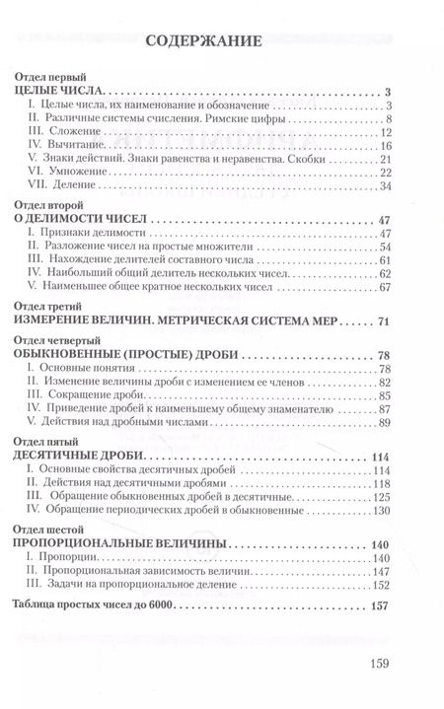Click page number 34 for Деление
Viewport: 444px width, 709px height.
coord(386,186)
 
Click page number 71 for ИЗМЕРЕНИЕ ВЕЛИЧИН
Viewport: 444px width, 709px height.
coord(385,322)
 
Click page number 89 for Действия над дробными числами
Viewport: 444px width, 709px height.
coord(386,424)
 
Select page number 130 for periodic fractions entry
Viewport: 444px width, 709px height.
coord(383,510)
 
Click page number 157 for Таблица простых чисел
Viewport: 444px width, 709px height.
coord(382,604)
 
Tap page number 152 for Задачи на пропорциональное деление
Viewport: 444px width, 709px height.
coord(383,586)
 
